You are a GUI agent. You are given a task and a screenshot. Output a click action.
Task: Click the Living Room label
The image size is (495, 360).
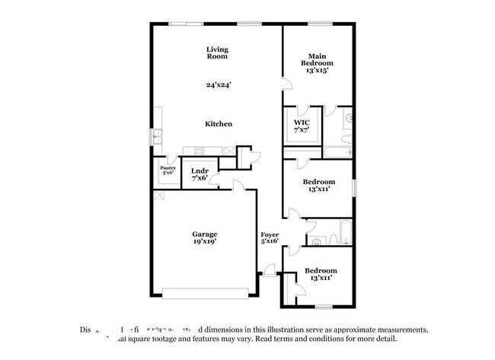point(217,53)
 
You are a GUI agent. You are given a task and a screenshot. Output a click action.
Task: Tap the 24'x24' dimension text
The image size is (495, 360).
point(217,84)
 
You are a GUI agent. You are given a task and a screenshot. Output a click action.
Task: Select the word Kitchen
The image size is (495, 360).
point(218,124)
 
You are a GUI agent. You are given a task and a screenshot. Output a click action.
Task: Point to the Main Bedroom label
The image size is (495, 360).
point(318,59)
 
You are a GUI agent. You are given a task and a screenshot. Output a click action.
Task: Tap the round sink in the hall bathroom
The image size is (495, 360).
point(318,241)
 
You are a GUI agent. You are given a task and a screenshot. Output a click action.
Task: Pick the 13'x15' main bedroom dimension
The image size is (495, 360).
point(318,70)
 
